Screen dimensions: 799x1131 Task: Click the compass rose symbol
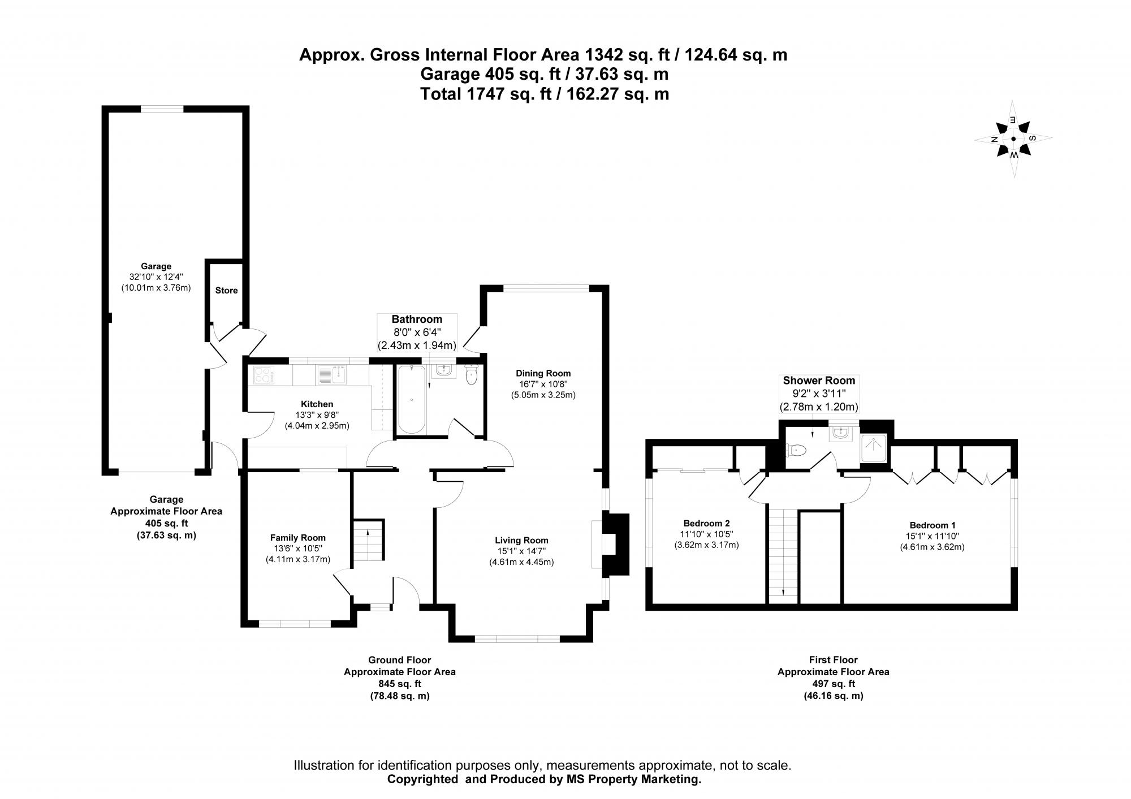1013,139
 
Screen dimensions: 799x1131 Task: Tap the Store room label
226,291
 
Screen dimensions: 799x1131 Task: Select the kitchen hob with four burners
264,375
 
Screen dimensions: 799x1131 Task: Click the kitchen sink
332,374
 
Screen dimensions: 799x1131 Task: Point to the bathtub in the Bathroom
411,400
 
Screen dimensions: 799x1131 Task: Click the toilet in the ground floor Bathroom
472,374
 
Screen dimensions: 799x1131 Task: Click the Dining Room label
543,373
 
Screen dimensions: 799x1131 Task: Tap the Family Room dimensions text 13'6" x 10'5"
297,548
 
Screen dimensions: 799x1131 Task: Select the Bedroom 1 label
932,525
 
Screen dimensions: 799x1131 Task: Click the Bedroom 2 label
706,523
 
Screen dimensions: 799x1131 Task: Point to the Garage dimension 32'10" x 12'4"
156,277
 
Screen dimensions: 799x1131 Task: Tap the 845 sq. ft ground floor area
399,684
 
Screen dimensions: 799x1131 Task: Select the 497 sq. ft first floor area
833,684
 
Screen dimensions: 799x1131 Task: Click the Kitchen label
317,404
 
